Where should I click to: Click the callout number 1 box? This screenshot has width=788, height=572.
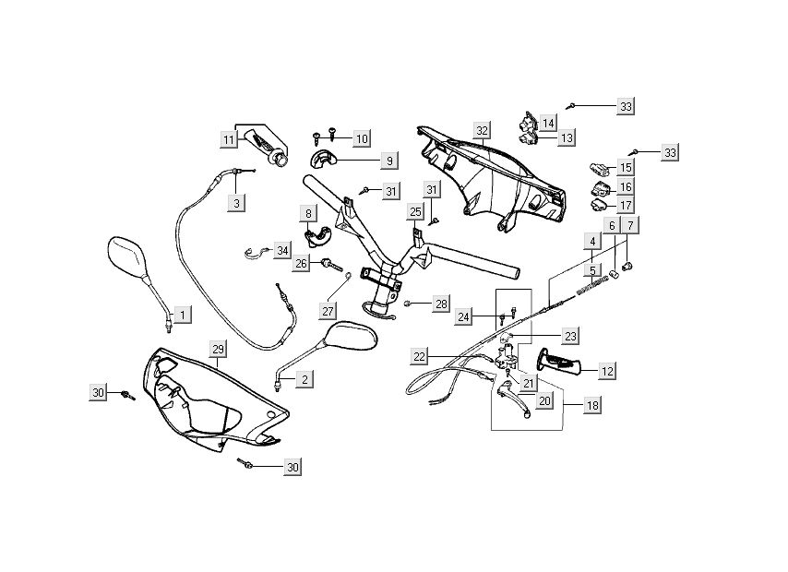(182, 316)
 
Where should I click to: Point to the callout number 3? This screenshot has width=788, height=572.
(236, 202)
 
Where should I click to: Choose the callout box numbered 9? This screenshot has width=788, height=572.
(389, 161)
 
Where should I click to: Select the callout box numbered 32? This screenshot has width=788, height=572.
(482, 129)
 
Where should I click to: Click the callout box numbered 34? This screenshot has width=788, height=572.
(282, 250)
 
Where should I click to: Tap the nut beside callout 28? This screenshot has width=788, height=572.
(407, 303)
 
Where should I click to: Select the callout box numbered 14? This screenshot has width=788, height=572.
(548, 122)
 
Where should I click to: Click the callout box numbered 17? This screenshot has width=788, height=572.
(625, 205)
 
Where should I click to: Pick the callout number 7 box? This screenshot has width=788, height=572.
(630, 225)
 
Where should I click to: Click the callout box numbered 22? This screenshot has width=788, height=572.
(420, 356)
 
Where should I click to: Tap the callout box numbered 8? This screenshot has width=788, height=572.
(308, 214)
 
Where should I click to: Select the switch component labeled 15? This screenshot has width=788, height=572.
(597, 169)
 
